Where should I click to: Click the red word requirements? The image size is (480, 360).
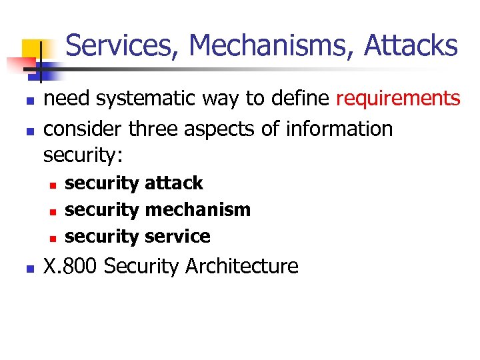pos(398,99)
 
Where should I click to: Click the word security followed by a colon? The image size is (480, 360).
pos(83,155)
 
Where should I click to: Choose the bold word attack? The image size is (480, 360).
pos(173,183)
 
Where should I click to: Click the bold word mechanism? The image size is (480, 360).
pos(197,210)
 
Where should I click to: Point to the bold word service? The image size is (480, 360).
pos(177,237)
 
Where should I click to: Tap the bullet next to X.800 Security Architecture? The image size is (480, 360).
pos(28,268)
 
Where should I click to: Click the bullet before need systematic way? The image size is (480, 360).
pos(28,101)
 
